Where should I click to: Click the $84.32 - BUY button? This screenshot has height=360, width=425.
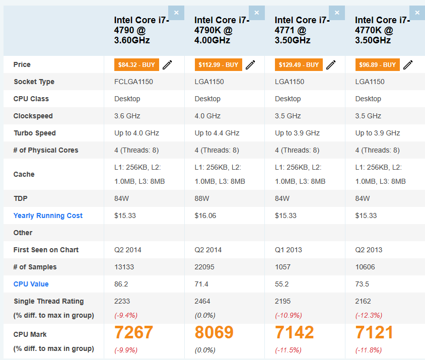pos(136,65)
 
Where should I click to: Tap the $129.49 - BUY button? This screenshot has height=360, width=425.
pos(298,65)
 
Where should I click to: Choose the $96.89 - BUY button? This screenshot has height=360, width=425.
pos(377,65)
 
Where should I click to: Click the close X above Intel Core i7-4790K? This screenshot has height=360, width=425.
pos(256,13)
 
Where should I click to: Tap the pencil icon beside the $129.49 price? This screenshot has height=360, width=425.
pos(331,65)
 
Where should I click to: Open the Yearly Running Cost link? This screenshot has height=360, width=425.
pos(48,215)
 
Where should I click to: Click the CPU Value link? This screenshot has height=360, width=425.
pos(31,284)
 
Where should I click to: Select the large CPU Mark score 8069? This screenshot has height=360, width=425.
pos(214,332)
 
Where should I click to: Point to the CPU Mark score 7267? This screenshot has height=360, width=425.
pos(133,332)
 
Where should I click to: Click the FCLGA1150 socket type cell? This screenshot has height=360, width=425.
pos(134,82)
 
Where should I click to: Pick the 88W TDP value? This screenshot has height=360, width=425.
pos(202,198)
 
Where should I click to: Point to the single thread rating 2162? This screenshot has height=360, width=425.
pos(363,301)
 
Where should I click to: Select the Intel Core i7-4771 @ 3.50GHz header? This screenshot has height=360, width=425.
pos(302,30)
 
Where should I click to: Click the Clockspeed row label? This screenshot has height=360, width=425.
pos(33,116)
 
